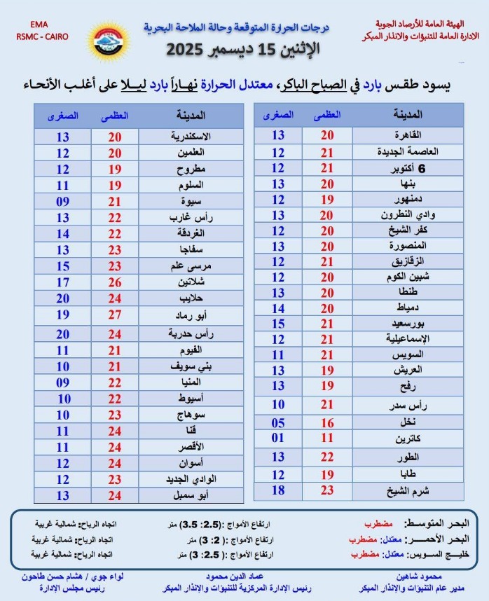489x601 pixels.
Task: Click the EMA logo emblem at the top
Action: click(x=104, y=39)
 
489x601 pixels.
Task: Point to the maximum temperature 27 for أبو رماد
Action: click(x=114, y=315)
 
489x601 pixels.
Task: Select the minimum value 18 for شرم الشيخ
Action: click(x=278, y=490)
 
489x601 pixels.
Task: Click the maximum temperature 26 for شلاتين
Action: click(x=114, y=282)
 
